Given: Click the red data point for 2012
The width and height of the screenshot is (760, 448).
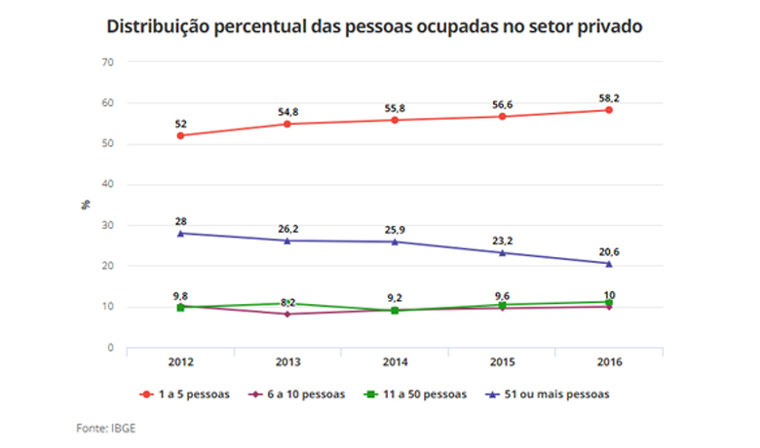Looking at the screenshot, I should click(x=181, y=135).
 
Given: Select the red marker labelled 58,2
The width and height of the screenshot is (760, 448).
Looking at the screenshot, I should click(x=609, y=110).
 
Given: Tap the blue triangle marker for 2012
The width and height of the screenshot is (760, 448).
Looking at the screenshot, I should click(x=181, y=233).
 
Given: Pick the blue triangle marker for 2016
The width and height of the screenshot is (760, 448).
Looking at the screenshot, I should click(x=609, y=263).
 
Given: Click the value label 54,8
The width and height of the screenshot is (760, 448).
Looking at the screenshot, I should click(x=287, y=112).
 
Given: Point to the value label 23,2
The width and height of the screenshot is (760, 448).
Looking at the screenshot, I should click(x=502, y=236).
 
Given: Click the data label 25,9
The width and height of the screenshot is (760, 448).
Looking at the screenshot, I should click(x=395, y=229).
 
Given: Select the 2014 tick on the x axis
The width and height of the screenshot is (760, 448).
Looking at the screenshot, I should click(x=395, y=362).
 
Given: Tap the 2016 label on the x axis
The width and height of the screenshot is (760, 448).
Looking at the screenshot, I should click(x=609, y=362).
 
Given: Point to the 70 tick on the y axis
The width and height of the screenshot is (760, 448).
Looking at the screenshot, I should click(x=108, y=62).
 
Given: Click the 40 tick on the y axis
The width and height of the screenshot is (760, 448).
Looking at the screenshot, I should click(x=108, y=184).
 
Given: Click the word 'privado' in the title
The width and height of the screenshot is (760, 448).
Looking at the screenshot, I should click(x=605, y=26).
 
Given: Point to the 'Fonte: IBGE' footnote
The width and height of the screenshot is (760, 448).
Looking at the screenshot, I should click(x=106, y=427).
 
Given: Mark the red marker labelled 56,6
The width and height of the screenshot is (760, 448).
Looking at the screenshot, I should click(x=502, y=117).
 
